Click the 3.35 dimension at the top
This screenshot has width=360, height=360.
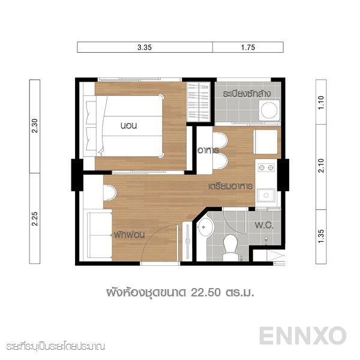point(145,47)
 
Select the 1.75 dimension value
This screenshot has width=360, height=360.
point(248,47)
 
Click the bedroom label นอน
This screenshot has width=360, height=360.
point(130,126)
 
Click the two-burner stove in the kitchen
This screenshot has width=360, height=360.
point(265,167)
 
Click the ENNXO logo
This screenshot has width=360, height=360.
point(302,335)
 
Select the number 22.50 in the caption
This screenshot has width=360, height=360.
point(206,293)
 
